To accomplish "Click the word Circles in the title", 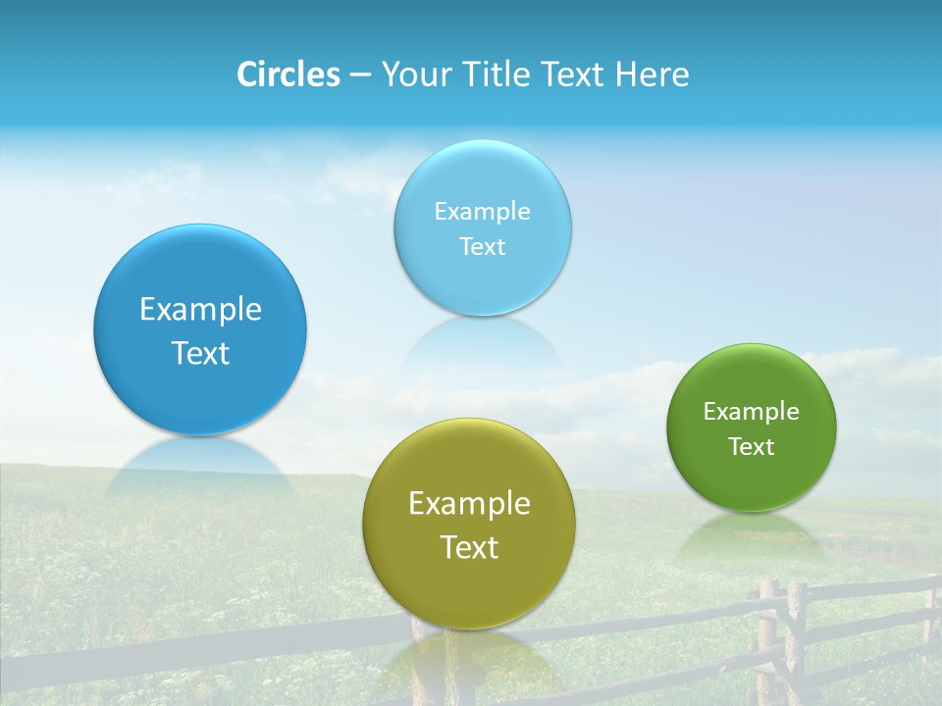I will click(x=288, y=75).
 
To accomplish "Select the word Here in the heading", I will click(x=652, y=75).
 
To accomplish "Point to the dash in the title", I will click(x=359, y=76).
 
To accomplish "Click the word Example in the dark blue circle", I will click(x=200, y=310).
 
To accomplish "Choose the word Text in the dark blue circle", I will click(x=200, y=353).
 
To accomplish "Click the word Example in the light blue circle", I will click(x=482, y=212).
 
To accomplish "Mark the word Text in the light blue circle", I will click(x=482, y=247).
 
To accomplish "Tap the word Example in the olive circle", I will click(x=469, y=504).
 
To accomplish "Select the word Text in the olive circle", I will click(x=469, y=547).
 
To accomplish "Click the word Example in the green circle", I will click(x=751, y=412).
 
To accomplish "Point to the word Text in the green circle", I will click(x=751, y=447).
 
